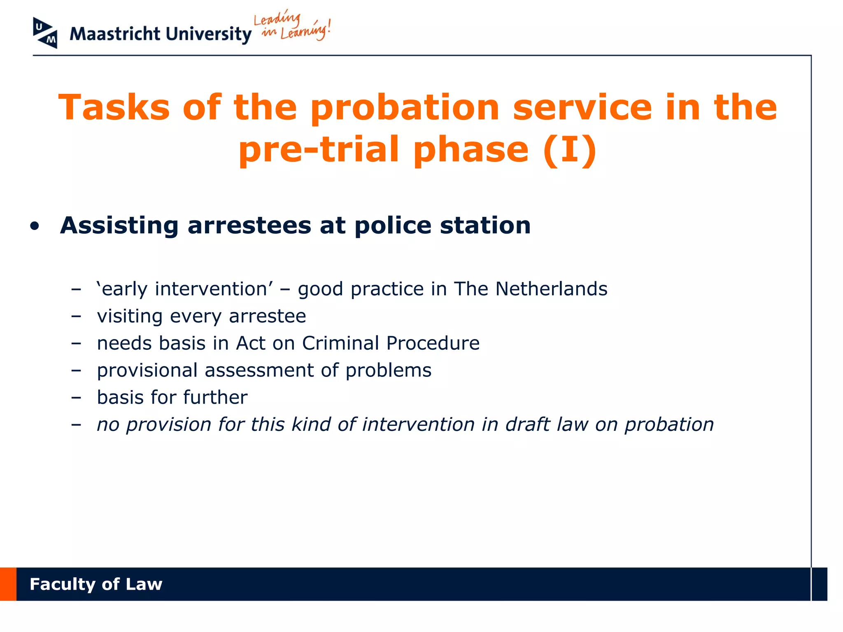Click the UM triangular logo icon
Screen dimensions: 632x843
tap(45, 33)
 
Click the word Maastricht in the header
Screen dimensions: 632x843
tap(115, 34)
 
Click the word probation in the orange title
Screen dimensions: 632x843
tap(405, 108)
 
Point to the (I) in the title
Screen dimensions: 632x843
tap(570, 149)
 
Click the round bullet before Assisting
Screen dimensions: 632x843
tap(35, 226)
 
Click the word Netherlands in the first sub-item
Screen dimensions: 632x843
tap(551, 289)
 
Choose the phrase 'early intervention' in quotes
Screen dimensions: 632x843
tap(184, 289)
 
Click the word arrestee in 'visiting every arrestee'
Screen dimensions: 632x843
tap(267, 316)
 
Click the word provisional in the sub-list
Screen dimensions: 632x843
tap(147, 370)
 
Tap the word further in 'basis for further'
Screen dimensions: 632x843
tap(215, 397)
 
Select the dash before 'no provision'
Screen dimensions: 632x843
tap(76, 425)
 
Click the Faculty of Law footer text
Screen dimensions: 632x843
tap(96, 584)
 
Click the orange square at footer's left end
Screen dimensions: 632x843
tap(8, 584)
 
